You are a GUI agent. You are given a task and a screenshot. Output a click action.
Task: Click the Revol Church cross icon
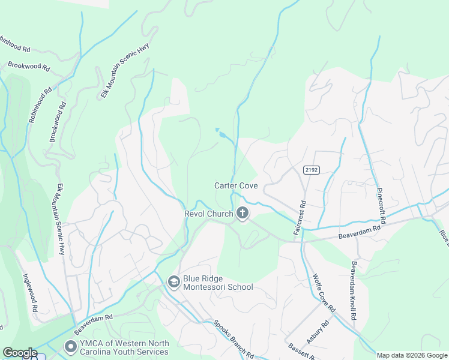pos(243,213)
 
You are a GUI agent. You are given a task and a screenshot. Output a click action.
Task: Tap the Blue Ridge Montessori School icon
pos(173,281)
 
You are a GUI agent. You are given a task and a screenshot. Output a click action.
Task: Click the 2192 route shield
pos(310,170)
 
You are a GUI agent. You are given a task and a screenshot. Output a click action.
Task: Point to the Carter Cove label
pos(236,185)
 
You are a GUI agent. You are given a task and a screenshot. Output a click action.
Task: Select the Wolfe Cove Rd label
pos(323,293)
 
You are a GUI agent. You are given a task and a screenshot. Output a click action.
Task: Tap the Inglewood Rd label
pos(31,292)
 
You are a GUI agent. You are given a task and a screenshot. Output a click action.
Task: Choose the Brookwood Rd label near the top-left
pos(28,65)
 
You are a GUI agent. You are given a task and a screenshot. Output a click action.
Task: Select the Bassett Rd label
pos(302,352)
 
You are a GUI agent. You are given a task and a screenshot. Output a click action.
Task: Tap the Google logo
pos(20,353)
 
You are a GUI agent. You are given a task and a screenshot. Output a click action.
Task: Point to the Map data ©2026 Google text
pos(412,355)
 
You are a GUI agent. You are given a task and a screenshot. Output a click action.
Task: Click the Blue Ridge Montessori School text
pos(218,287)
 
